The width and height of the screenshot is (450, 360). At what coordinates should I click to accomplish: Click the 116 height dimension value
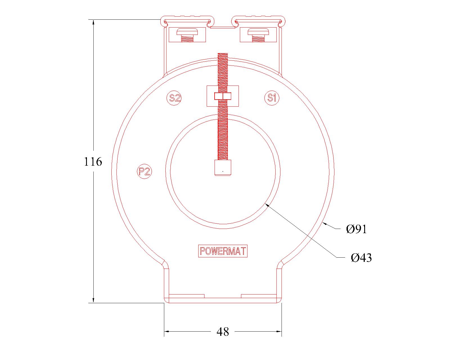tap(93, 162)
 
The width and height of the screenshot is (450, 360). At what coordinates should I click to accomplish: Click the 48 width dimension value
tap(223, 332)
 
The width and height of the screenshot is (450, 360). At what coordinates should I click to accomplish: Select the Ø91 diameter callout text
tap(356, 229)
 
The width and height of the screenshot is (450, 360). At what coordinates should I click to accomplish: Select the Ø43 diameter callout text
tap(361, 258)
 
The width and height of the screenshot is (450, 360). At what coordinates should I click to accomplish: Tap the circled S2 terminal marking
tap(174, 98)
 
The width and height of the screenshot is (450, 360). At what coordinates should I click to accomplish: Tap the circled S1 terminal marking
tap(272, 98)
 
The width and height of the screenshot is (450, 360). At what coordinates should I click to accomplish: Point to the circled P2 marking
tap(145, 171)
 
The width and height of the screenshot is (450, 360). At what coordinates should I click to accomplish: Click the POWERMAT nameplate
tap(222, 251)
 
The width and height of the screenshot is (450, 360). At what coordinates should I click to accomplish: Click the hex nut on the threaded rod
tap(222, 96)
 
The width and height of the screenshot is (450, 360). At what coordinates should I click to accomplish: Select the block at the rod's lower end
tap(223, 168)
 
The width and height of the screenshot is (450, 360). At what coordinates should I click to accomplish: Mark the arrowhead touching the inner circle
tap(267, 205)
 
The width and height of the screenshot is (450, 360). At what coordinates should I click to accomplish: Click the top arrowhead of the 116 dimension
tap(93, 22)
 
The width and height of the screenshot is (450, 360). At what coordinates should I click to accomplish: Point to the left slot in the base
tap(186, 296)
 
